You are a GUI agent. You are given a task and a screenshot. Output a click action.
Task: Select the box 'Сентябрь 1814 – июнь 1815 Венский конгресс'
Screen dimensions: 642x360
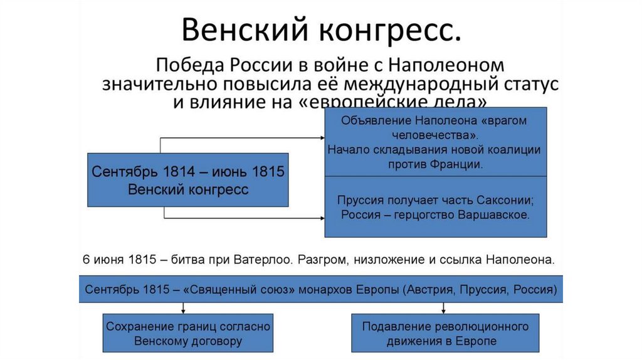point(188,180)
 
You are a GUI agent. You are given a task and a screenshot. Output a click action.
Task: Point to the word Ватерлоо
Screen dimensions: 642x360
point(261,258)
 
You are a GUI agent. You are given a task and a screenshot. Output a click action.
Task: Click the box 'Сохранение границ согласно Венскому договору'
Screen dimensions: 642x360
point(188,334)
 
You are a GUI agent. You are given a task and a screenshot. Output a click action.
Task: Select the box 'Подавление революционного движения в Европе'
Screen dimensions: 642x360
point(445,334)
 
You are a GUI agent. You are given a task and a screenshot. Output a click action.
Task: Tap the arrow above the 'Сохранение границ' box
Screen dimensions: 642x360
point(183,309)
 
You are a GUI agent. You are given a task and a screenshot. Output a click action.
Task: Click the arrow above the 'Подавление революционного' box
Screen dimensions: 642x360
point(444,309)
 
